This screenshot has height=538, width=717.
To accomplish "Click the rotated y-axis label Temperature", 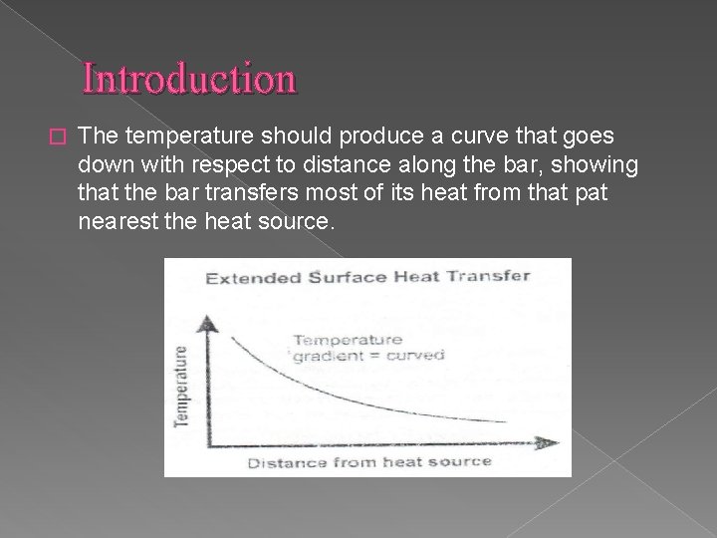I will [182, 386].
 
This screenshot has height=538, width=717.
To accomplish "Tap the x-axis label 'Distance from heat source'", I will [368, 462].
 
